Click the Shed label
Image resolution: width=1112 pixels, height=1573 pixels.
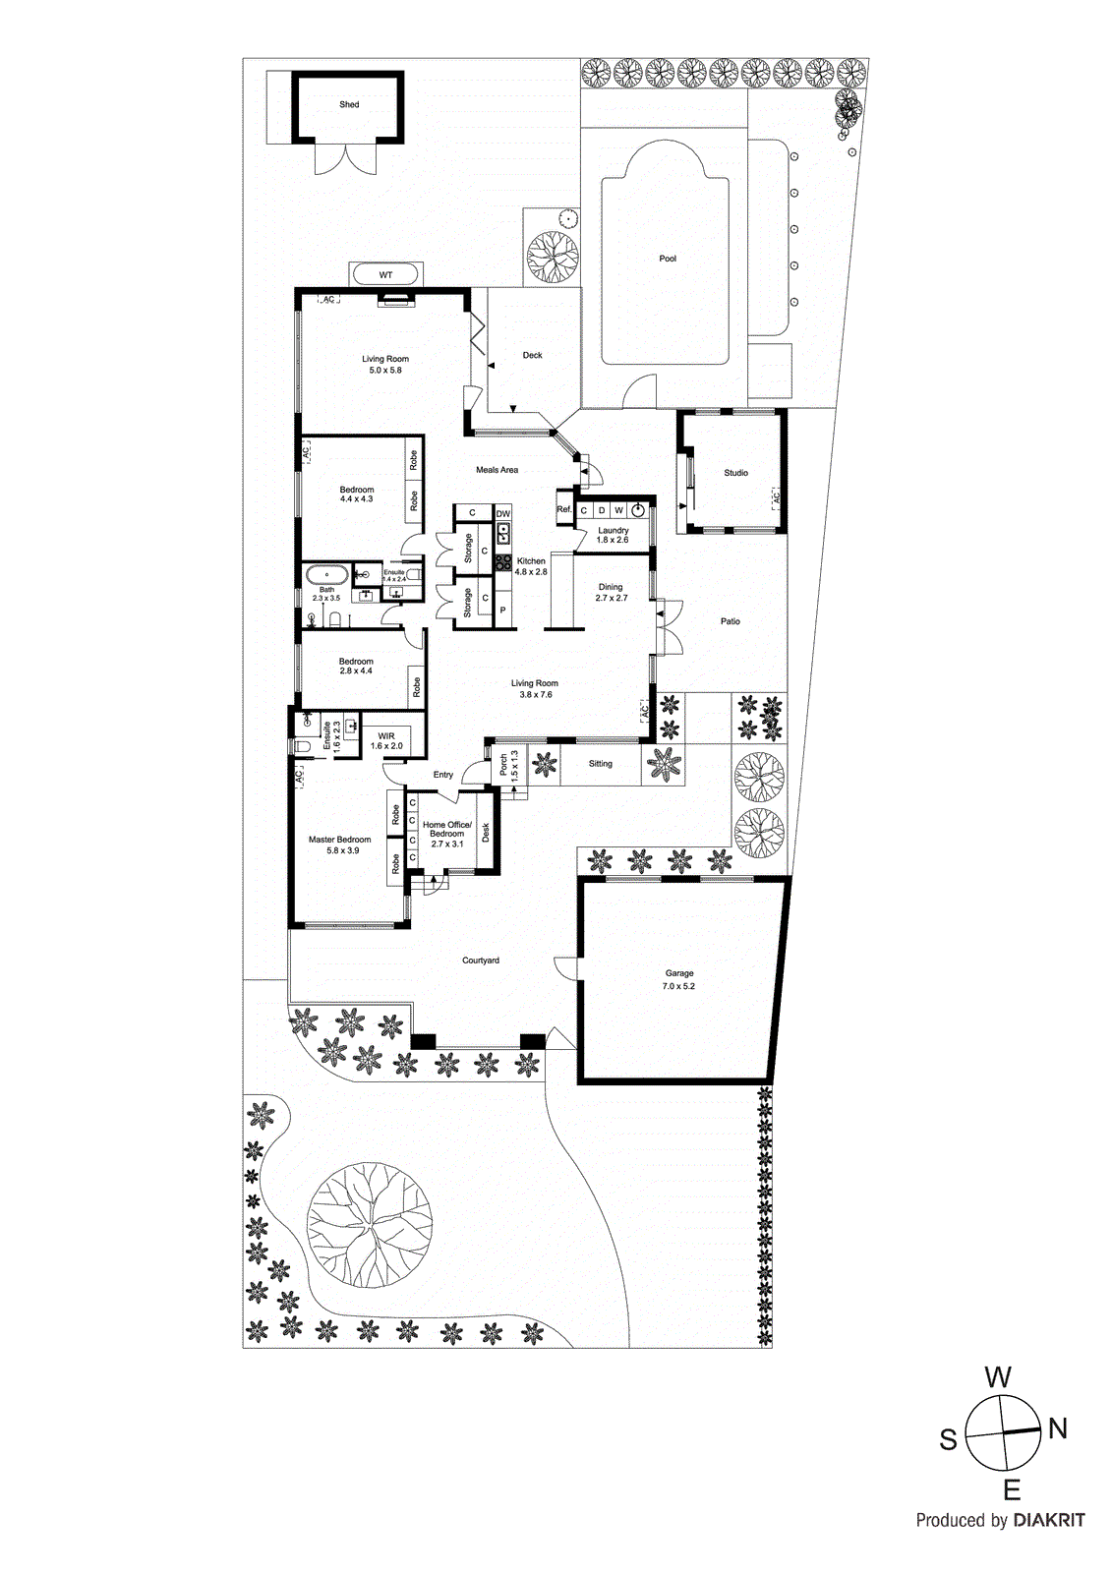point(349,104)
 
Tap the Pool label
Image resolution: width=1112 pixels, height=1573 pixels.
point(668,259)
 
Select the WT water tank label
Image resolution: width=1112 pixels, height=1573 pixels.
point(385,275)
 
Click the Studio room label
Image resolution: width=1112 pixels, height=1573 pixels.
point(735,473)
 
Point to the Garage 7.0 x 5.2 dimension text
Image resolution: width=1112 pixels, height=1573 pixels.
point(678,986)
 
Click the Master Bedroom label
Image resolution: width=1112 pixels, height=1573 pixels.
point(339,840)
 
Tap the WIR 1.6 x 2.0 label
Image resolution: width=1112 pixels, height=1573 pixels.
point(386,740)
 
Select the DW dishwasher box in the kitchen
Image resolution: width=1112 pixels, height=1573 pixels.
point(502,513)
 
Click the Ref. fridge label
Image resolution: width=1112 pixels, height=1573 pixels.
point(563,509)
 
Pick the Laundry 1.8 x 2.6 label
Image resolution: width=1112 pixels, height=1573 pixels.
point(613,535)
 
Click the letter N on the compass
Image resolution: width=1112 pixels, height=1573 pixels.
point(1058,1428)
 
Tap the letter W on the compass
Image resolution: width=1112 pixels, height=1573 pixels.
point(997,1377)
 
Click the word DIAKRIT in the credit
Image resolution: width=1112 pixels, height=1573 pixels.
point(1048,1520)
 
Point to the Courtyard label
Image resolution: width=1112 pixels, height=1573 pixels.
point(481,961)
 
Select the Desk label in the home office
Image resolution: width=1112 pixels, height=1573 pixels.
point(486,833)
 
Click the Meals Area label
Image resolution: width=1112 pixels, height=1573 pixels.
point(497,470)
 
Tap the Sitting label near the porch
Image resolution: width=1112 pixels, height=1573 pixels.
point(600,764)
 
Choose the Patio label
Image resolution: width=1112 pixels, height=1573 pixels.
point(730,621)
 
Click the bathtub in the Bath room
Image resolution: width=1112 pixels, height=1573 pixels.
point(324,574)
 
